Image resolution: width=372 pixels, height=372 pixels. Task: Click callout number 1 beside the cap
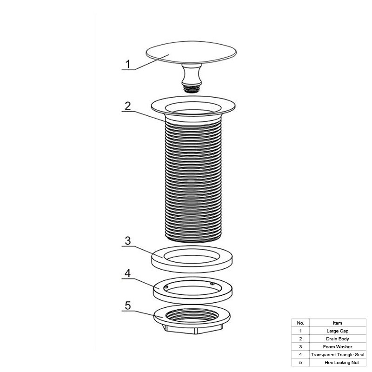128,64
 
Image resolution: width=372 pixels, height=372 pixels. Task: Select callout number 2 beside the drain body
128,106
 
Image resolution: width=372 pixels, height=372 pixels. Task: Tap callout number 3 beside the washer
128,240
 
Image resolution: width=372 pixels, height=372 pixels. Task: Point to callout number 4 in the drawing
127,273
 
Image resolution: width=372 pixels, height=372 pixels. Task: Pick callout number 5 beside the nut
128,306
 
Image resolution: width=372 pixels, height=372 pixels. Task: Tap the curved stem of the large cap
192,74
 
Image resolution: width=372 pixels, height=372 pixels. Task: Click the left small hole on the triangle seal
166,287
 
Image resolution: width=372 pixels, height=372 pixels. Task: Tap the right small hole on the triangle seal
213,284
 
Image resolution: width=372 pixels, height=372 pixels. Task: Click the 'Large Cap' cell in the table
338,331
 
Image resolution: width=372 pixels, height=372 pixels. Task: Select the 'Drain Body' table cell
338,339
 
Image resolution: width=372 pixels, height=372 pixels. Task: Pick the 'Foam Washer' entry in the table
338,346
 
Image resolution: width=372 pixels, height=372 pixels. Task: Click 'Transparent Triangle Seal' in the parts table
338,354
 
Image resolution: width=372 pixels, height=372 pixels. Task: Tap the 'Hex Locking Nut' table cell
342,362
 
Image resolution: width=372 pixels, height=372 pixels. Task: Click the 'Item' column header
338,323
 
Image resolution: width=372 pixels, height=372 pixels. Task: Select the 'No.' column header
300,323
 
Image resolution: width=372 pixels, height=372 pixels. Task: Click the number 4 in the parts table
300,354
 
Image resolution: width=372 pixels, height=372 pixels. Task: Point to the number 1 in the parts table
300,331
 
